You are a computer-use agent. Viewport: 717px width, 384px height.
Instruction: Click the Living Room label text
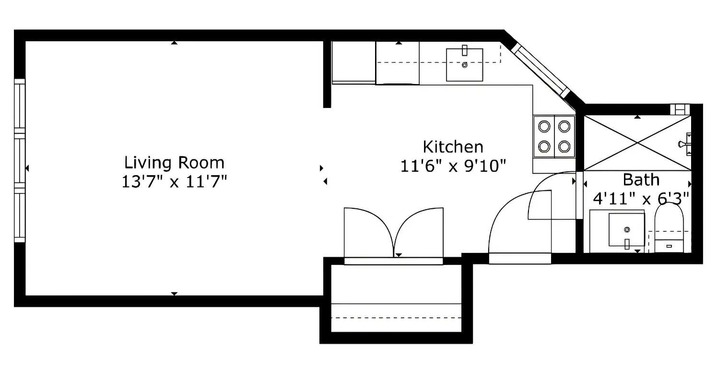coord(174,163)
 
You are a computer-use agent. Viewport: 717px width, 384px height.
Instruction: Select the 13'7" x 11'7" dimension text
coord(174,183)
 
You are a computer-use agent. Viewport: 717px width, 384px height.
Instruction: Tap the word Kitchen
coord(453,146)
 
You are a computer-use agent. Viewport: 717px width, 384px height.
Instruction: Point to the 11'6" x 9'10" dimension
coord(453,167)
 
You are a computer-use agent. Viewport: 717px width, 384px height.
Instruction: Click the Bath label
coord(641,180)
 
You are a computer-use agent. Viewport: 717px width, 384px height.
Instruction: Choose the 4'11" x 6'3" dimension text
coord(641,197)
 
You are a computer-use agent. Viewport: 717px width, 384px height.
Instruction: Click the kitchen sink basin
coord(464,64)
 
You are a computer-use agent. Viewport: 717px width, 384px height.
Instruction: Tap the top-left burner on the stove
coord(544,127)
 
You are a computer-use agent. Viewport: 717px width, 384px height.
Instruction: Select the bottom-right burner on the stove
coord(564,146)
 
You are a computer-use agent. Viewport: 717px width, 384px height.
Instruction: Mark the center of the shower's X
coord(637,143)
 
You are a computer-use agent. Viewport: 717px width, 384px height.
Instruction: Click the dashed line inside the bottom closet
coord(396,318)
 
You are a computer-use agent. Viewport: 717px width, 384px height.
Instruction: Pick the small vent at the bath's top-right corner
coord(679,109)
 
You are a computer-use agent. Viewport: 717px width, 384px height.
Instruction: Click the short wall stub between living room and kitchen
coord(327,74)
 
